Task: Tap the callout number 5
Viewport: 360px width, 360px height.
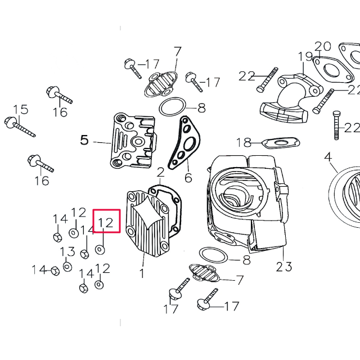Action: (84, 139)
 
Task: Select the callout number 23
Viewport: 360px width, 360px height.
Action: (285, 266)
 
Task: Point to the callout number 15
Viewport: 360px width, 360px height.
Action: (20, 109)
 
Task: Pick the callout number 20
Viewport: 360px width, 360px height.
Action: (323, 46)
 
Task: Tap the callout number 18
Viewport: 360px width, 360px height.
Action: (244, 142)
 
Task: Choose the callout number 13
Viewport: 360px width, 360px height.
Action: (67, 251)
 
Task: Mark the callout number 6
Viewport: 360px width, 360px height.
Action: (188, 178)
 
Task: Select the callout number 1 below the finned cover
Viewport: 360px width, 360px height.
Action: (142, 274)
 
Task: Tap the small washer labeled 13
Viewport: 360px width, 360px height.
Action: (67, 267)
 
